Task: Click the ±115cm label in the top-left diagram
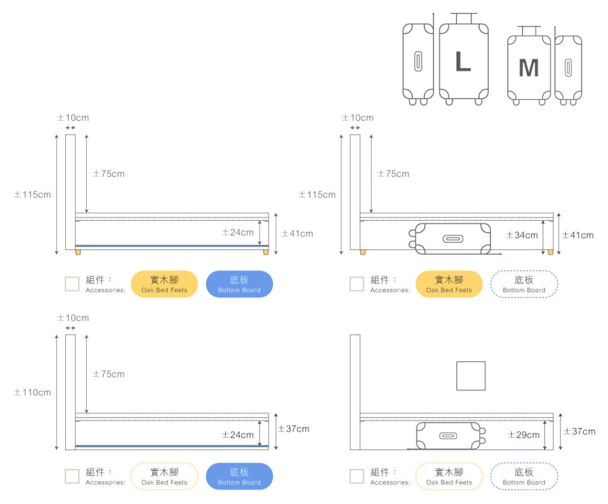click(33, 195)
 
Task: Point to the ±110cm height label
click(33, 392)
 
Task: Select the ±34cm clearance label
click(522, 235)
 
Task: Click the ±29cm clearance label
click(524, 435)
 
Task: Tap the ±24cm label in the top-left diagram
click(237, 232)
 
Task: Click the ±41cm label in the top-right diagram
click(578, 235)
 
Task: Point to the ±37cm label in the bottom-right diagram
click(579, 431)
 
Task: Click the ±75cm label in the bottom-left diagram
click(109, 374)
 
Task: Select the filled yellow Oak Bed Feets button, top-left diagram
click(164, 284)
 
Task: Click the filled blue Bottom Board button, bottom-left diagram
click(239, 476)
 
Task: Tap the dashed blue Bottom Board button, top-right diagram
click(524, 284)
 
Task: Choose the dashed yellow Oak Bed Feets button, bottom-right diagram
click(449, 476)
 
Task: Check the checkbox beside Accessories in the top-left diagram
click(72, 284)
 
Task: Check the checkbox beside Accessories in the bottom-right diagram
click(357, 476)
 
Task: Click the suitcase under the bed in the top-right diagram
click(452, 239)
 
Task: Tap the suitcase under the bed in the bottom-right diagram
click(449, 436)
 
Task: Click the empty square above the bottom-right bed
click(471, 376)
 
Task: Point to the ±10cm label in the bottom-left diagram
click(73, 318)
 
